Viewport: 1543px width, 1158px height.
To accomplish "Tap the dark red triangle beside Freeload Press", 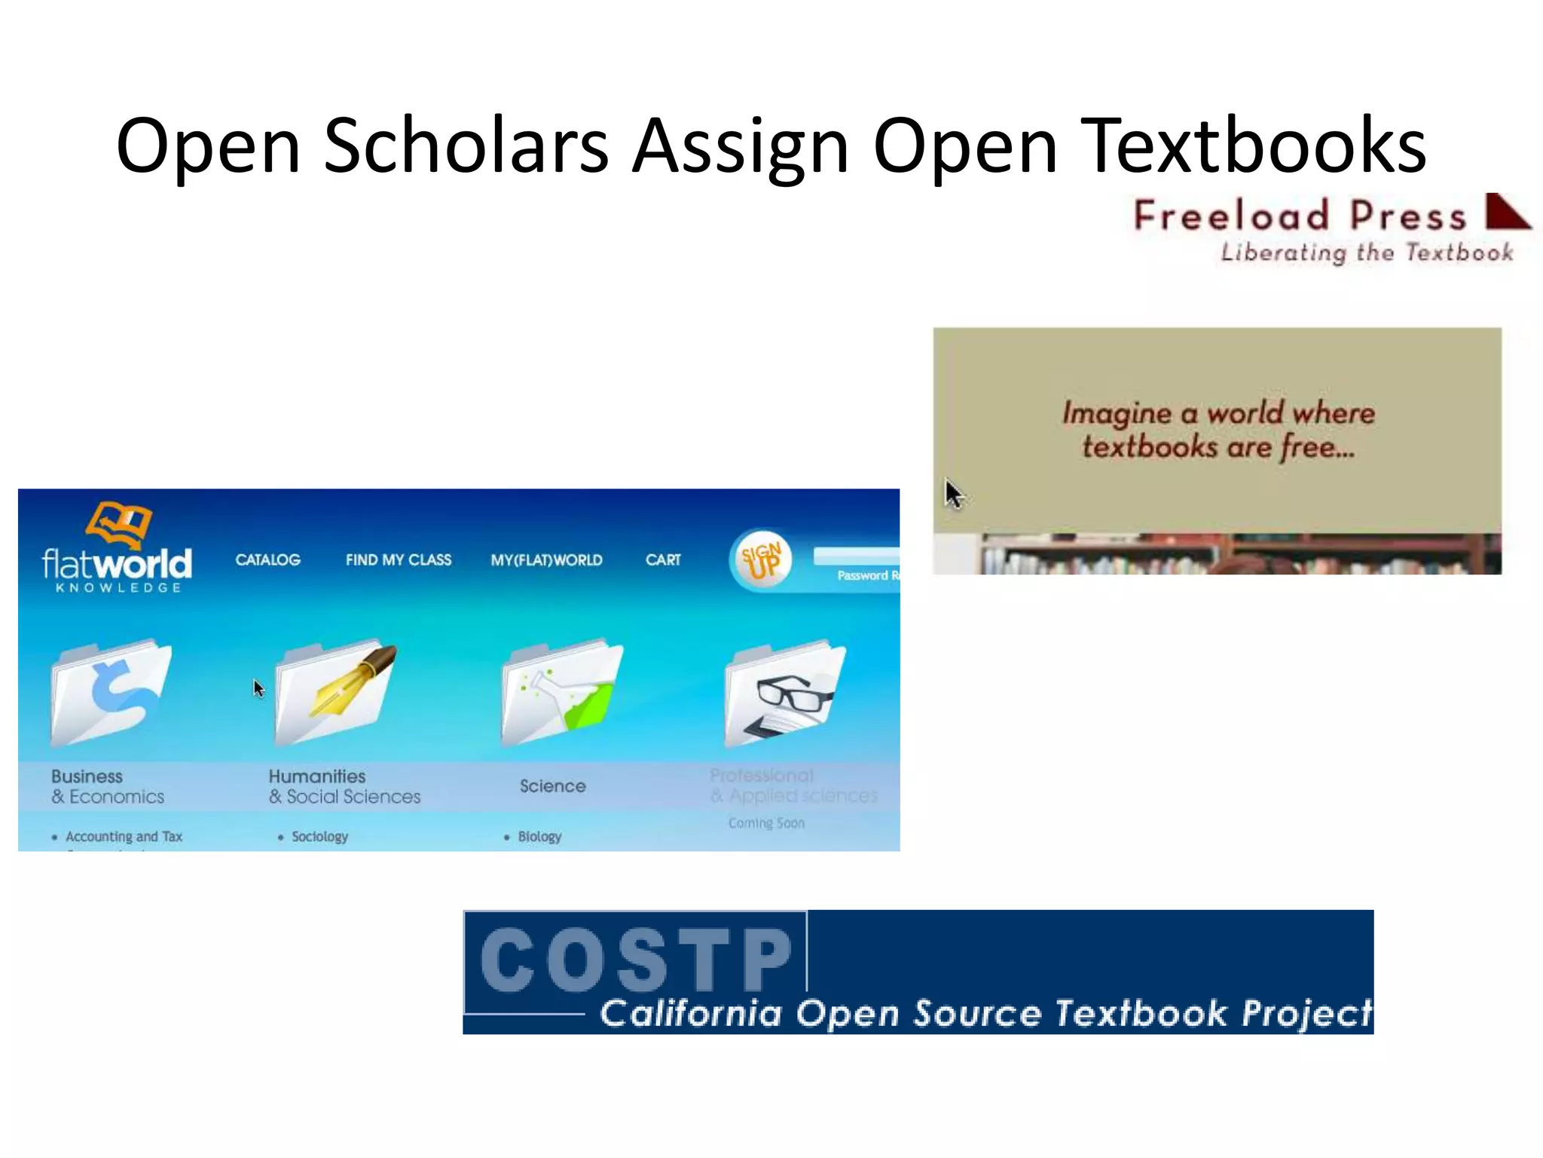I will point(1506,212).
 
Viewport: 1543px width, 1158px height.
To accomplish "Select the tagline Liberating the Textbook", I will point(1367,253).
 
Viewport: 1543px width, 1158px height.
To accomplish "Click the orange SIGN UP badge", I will point(762,560).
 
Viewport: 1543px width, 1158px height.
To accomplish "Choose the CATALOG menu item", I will point(267,559).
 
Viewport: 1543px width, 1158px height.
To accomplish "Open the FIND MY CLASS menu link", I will point(399,559).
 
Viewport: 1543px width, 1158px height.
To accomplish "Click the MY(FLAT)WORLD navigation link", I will point(546,560).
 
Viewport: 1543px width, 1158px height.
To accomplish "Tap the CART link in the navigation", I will point(663,559).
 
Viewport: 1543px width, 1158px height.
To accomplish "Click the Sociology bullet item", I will point(319,836).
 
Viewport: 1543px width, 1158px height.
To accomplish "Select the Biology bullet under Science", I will point(539,836).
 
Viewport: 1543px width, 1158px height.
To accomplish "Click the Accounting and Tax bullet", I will point(124,836).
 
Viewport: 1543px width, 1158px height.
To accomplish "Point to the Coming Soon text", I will point(766,823).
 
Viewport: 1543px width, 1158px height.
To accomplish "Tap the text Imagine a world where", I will point(1218,412).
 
